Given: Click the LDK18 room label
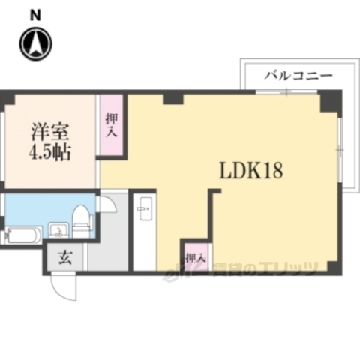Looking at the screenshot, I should pyautogui.click(x=250, y=171).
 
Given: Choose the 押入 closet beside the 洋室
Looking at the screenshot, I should pyautogui.click(x=111, y=124).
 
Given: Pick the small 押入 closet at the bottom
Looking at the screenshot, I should pyautogui.click(x=194, y=256).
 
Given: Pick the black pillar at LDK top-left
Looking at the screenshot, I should pyautogui.click(x=172, y=97).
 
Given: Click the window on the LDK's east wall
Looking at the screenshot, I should pyautogui.click(x=339, y=150).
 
